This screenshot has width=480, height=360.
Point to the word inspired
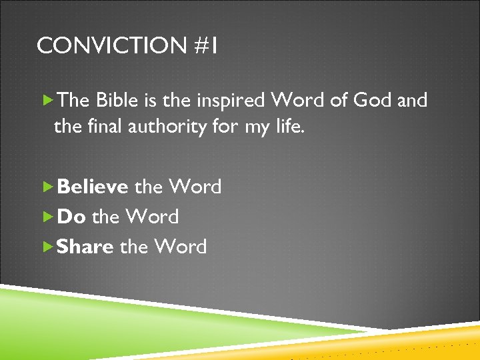coord(229,101)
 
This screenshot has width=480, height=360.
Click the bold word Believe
coord(93,187)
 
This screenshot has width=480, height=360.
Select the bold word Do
coord(71,217)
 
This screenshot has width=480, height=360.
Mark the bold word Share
coord(85,247)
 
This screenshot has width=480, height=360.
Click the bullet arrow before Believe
coord(47,187)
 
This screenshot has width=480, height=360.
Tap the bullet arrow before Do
coord(47,217)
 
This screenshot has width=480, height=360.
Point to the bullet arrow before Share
coord(47,247)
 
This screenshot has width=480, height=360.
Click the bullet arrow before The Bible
coord(47,101)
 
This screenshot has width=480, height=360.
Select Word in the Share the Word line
coord(181,247)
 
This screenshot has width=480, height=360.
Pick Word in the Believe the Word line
coord(195,187)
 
